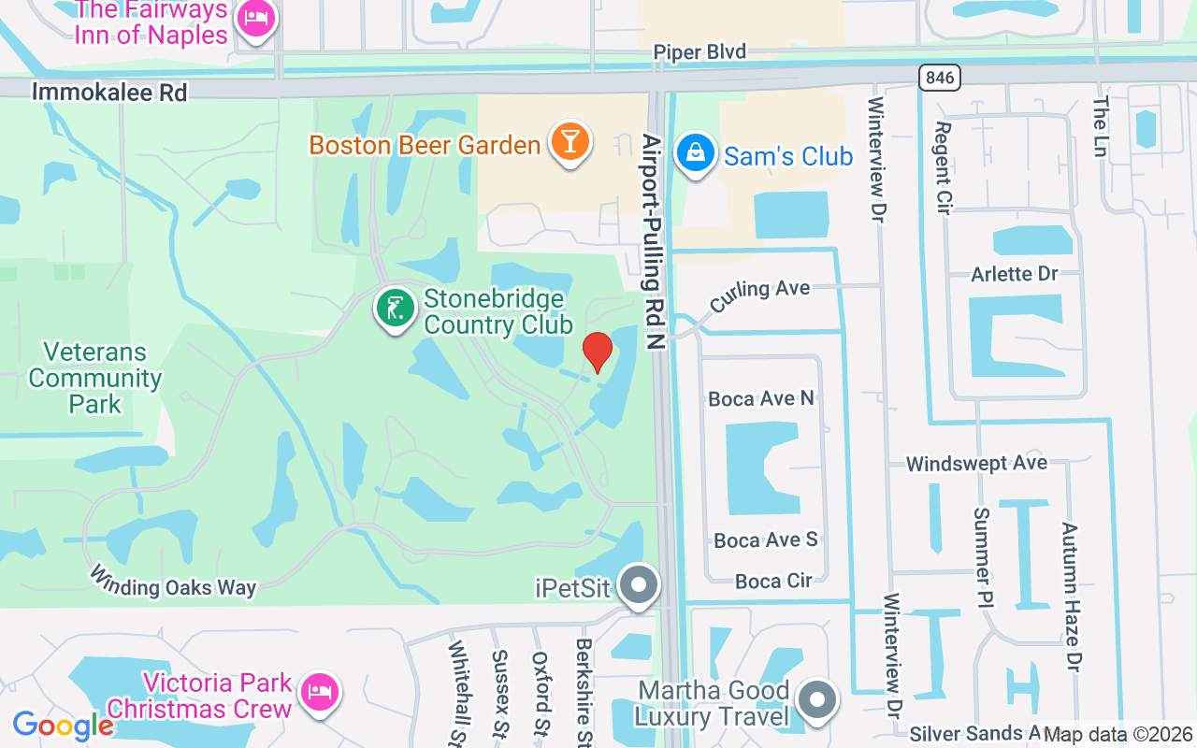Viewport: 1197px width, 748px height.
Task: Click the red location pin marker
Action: coord(597,352)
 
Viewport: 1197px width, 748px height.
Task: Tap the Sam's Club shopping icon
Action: coord(695,152)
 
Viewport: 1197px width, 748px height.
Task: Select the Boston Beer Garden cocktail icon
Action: coord(569,142)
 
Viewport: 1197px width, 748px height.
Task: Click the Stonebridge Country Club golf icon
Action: coord(396,308)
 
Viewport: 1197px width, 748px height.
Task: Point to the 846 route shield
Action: coord(939,78)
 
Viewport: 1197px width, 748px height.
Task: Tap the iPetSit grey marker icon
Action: coord(640,585)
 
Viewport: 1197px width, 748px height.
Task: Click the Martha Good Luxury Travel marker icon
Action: coord(818,698)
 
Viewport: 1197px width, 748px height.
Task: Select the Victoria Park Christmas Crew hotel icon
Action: coord(320,692)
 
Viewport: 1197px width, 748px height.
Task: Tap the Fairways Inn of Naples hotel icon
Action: coord(254,19)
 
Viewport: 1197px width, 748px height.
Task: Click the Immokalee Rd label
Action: coord(109,92)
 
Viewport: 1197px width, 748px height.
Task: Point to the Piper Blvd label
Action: coord(699,52)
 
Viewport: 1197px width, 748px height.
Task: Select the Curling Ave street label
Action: coord(759,296)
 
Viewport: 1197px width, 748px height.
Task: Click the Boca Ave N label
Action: coord(761,399)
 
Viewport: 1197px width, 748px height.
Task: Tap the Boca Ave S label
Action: coord(766,540)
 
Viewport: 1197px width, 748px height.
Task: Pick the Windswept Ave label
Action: coord(976,464)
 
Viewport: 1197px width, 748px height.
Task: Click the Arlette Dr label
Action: coord(1015,274)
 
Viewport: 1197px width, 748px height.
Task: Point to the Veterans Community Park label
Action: coord(95,378)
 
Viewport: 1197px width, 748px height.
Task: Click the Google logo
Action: coord(63,726)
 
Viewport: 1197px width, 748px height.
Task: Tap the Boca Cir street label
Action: coord(773,581)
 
